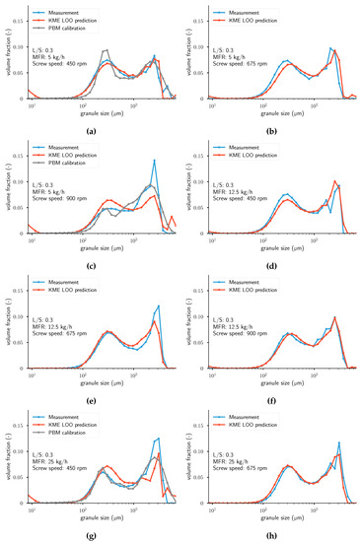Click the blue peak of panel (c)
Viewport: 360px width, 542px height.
tap(154, 161)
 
